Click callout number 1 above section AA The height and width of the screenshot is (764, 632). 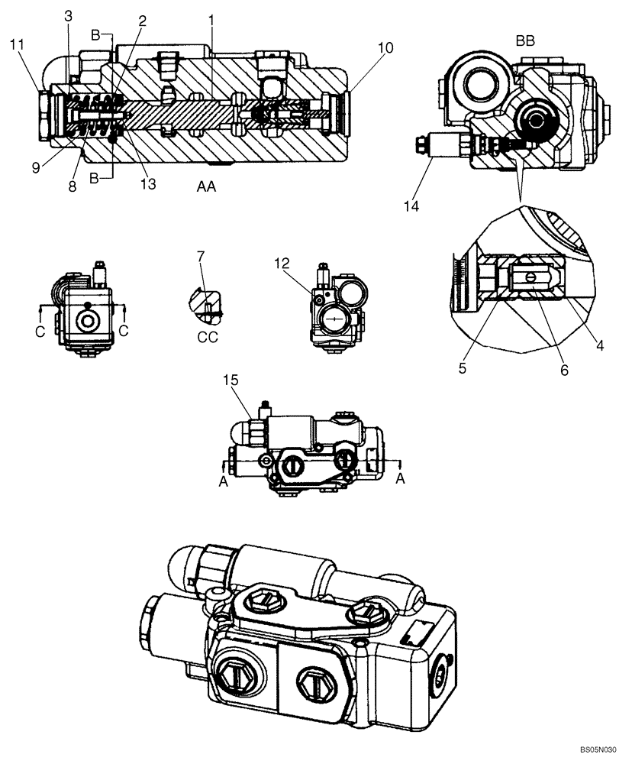(x=211, y=18)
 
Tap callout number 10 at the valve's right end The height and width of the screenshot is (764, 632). (x=385, y=48)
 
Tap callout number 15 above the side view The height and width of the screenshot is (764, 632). (x=231, y=380)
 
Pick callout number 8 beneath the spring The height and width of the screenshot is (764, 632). (x=72, y=185)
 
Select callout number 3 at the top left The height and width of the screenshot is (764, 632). (x=68, y=16)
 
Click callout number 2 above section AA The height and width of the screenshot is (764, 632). (x=141, y=21)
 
